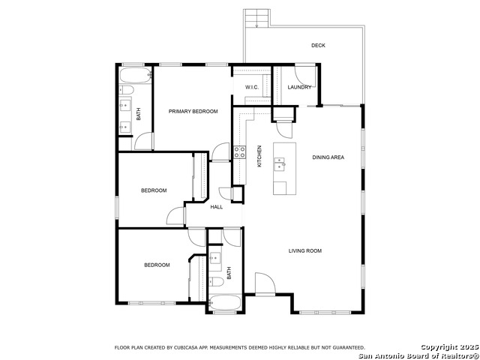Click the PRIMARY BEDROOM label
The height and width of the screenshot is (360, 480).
[193, 112]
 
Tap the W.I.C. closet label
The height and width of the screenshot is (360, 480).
[252, 88]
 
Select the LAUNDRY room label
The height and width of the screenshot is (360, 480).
[299, 88]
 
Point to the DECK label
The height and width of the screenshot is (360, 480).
[318, 46]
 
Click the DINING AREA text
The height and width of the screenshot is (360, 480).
[328, 157]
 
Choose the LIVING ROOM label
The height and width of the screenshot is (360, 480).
[305, 250]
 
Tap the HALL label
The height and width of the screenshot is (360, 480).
[217, 207]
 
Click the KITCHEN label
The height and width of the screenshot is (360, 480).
[260, 155]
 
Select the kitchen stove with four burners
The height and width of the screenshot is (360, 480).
[240, 152]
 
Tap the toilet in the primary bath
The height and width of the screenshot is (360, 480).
[126, 91]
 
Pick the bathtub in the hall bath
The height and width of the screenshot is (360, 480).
[225, 304]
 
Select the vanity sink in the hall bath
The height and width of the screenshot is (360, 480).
[215, 259]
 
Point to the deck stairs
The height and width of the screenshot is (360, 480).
[256, 19]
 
